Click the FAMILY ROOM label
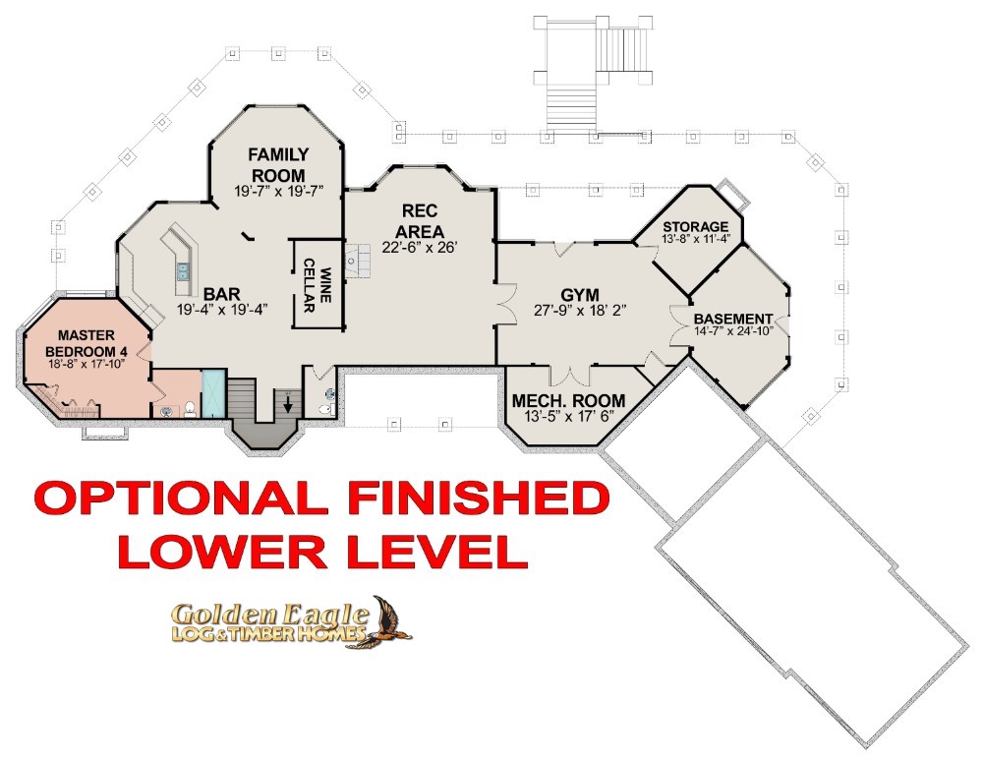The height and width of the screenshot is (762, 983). point(278,164)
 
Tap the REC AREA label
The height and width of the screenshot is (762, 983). point(420,221)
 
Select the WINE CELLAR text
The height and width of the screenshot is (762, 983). point(318,285)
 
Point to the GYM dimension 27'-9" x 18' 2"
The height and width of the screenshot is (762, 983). point(580,310)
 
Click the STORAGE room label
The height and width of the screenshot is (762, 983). point(696,226)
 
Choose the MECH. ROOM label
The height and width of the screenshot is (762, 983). point(568,400)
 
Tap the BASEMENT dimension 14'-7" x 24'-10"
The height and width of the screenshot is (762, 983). point(733,330)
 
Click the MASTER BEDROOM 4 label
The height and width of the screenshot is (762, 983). point(87,344)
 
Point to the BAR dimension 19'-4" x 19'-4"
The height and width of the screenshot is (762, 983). point(222,309)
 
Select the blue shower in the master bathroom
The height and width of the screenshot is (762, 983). point(213,393)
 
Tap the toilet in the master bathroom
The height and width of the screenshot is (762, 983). point(190,410)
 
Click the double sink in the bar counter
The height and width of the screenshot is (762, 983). point(183,269)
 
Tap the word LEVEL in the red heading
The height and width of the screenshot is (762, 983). point(435,552)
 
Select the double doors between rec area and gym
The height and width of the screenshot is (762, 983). point(505,304)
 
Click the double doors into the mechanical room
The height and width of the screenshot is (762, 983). point(570,375)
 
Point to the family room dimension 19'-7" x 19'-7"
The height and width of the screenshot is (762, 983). point(279,191)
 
